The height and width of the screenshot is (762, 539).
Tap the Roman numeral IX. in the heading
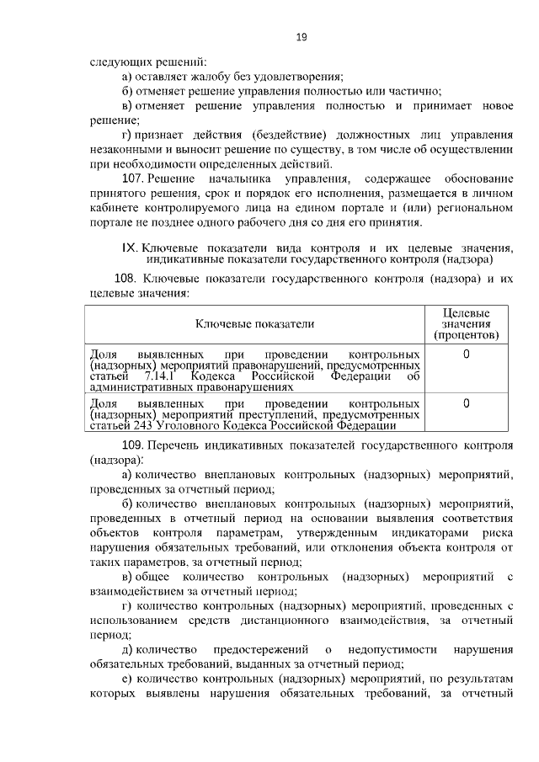[x=130, y=248]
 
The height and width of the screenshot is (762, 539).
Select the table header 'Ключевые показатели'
[x=254, y=323]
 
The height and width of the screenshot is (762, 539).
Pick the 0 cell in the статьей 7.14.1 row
[x=467, y=354]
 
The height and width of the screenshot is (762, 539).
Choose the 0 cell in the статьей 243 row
[x=467, y=404]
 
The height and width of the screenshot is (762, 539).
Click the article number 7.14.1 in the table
[x=161, y=377]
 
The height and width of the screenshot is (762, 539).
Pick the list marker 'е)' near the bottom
[x=127, y=679]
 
